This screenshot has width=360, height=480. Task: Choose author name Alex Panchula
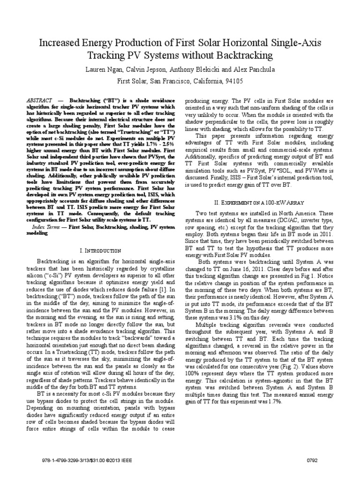click(x=251, y=69)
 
